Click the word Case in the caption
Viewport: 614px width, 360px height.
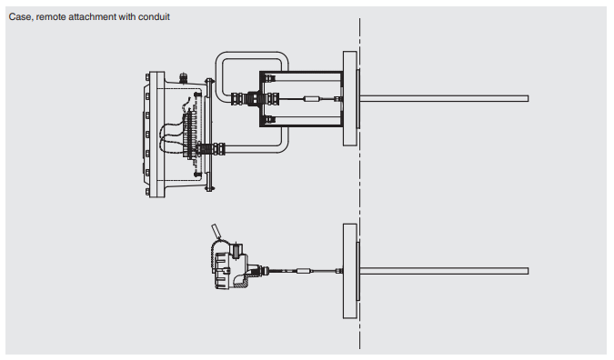coord(18,17)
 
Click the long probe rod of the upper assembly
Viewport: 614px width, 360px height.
coord(444,98)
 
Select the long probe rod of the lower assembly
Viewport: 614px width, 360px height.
coord(444,271)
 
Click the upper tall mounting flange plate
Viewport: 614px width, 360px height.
coord(349,98)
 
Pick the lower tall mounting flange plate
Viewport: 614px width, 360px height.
coord(349,271)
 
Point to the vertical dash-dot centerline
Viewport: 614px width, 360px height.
coord(359,183)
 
